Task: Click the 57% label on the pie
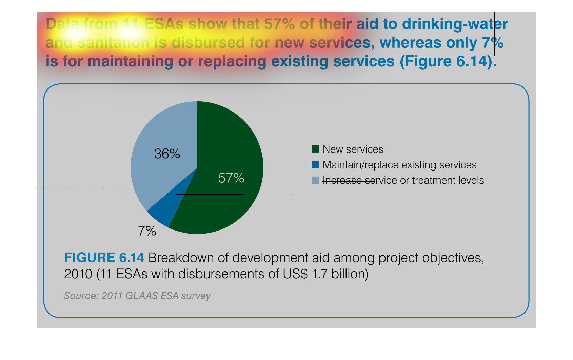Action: [231, 178]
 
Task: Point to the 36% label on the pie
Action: [167, 154]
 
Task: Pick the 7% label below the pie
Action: [147, 231]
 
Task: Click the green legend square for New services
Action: [315, 149]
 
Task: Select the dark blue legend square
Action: [315, 165]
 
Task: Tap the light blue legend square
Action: [315, 180]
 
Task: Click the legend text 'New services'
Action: [353, 149]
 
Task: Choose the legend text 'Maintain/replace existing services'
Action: [399, 165]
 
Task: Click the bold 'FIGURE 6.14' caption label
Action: [104, 258]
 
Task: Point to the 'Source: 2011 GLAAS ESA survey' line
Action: [137, 296]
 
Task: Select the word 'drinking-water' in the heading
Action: [455, 24]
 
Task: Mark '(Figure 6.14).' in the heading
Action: [449, 62]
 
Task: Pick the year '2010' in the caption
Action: [78, 274]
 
